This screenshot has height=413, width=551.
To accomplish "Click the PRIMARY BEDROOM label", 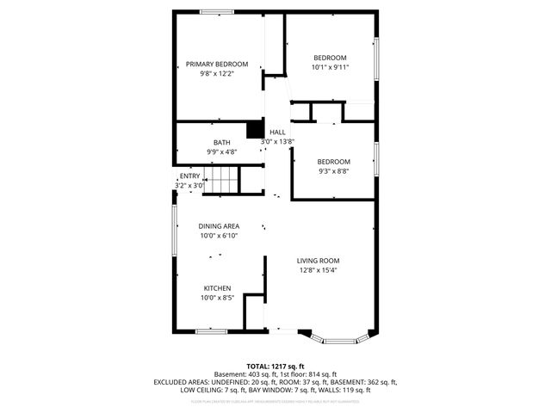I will pos(217,65).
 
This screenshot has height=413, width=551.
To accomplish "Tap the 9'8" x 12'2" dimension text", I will pos(217,74).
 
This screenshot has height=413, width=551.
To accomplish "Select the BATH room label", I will pos(221,143).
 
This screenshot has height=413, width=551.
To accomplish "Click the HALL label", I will pos(277,132).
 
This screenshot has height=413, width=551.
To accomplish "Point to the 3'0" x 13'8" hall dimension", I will pos(278,141).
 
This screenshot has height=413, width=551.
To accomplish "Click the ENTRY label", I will pos(189,176).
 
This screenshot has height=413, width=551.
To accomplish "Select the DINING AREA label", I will pos(219,226).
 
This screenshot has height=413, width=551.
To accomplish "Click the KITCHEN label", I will pos(217,288).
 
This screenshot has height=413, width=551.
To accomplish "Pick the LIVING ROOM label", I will pos(319,261).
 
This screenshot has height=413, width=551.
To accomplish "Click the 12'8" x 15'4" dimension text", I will pos(319,270).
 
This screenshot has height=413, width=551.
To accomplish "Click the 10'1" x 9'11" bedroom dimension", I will pos(331,66).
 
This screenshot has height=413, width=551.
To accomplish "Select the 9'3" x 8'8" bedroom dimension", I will pos(333,171).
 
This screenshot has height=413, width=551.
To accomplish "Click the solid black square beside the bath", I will pos(254,129).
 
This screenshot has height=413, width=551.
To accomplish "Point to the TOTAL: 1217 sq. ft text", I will pos(275,366).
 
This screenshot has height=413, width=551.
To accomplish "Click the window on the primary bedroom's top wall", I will pos(217,11).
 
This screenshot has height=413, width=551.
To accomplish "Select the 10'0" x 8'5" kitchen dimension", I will pos(217,298).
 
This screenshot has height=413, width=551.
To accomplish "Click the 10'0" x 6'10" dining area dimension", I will pos(219,236).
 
